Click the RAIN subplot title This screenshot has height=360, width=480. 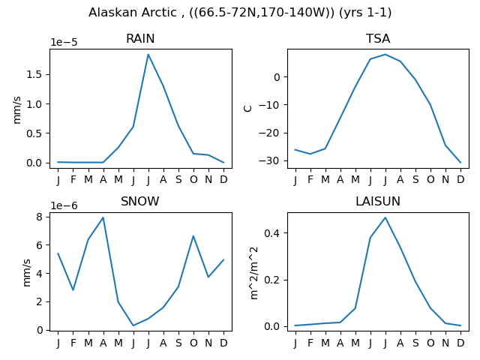tap(140, 39)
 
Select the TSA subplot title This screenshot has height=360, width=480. tap(378, 39)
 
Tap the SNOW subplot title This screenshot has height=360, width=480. tap(140, 202)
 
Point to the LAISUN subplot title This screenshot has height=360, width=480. tap(378, 202)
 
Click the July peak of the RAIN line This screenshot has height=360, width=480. tap(148, 55)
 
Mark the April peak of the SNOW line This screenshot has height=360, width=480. tap(103, 217)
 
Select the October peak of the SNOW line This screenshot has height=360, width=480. tap(193, 235)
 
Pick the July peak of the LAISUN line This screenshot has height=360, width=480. tap(385, 217)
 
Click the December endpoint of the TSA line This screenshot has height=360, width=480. tap(460, 163)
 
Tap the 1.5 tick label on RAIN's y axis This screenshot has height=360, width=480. tap(34, 75)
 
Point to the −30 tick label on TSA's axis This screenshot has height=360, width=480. tap(269, 161)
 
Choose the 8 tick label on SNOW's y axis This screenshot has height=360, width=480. tap(39, 217)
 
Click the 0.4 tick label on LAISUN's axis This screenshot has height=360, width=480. tap(271, 233)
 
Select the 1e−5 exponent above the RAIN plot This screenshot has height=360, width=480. tap(64, 42)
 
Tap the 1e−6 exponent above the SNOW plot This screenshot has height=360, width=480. tap(64, 205)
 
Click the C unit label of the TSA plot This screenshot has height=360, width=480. tap(248, 109)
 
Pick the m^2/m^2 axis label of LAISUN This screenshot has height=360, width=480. tap(254, 273)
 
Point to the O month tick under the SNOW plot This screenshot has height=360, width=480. tap(193, 343)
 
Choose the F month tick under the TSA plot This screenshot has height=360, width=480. tap(310, 179)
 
